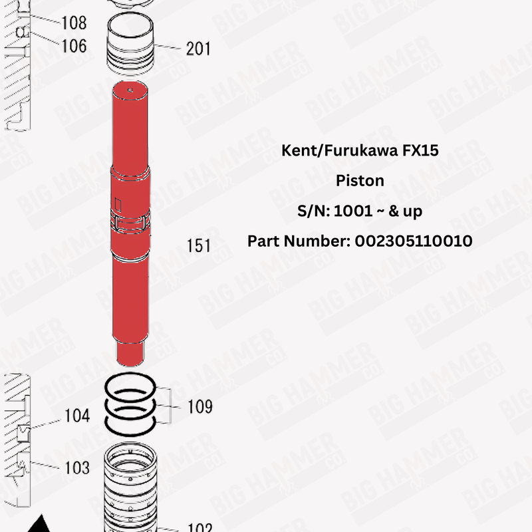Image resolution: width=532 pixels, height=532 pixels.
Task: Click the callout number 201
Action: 198,49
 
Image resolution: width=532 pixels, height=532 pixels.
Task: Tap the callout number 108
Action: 74,23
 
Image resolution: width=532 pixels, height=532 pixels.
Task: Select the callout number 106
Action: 74,45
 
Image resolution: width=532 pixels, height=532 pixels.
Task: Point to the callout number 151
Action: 198,245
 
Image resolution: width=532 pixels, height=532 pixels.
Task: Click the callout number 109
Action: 199,406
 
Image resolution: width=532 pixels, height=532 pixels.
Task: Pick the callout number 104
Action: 77,416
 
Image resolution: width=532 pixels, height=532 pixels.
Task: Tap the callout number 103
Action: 77,467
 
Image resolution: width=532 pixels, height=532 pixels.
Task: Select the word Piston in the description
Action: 360,181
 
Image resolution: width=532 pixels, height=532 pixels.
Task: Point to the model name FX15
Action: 420,150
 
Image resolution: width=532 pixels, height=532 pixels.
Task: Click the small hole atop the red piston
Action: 131,89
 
